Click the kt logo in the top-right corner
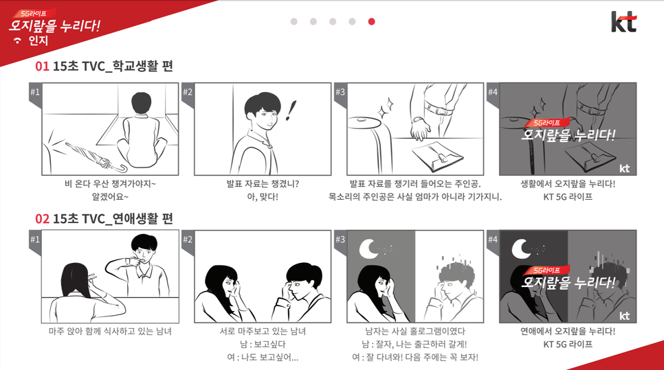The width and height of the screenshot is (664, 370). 623,22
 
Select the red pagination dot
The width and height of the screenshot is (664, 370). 371,21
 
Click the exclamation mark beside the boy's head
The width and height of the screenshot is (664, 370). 291,111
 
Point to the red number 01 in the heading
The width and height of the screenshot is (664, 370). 43,67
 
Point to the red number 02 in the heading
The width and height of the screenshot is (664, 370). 43,218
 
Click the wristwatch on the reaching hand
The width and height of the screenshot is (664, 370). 417,120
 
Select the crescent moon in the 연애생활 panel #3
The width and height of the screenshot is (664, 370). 368,248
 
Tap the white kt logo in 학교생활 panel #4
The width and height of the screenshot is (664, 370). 624,168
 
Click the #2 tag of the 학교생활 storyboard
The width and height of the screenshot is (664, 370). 188,92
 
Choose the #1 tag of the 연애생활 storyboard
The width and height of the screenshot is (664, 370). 35,240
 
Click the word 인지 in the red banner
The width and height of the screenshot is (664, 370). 38,41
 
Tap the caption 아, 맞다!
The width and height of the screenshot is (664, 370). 263,196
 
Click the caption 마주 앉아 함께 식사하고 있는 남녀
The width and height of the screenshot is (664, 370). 110,331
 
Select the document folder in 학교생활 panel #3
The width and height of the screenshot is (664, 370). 437,156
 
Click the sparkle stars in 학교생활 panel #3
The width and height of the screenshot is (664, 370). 385,108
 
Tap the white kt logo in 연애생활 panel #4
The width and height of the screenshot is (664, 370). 624,316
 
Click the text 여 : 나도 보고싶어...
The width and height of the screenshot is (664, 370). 258,358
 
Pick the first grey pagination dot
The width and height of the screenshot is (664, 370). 294,21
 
